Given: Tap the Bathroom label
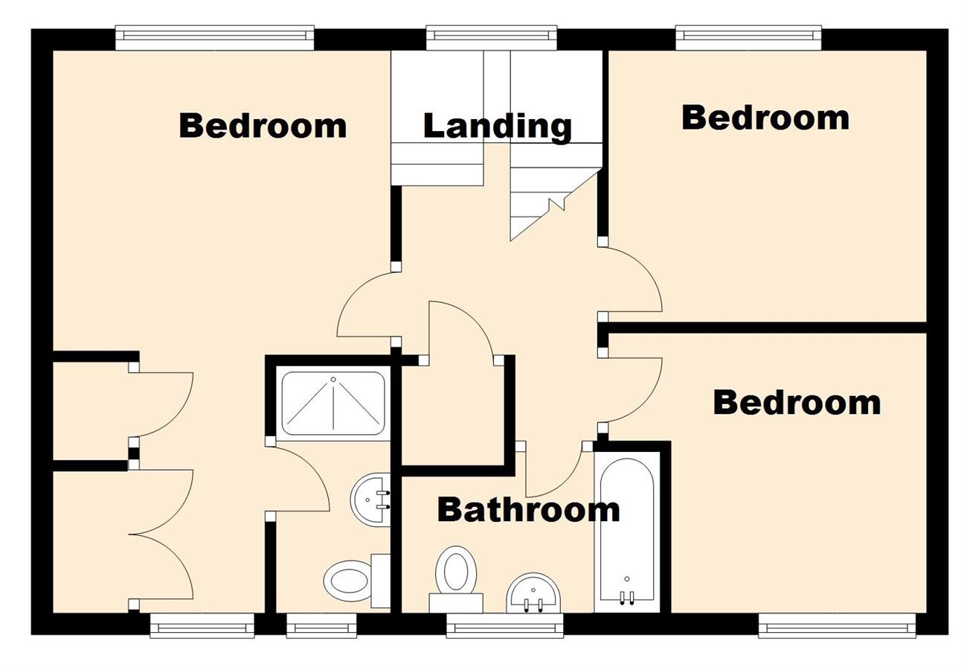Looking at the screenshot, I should click(x=528, y=510).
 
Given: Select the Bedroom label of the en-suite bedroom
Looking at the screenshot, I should click(x=263, y=125).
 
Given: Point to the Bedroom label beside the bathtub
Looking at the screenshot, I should click(x=797, y=402).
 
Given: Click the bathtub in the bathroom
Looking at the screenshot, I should click(x=626, y=529).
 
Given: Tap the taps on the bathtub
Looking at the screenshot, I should click(x=626, y=596).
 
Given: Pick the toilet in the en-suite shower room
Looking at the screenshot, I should click(x=350, y=580).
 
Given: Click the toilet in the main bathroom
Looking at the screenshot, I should click(x=455, y=573).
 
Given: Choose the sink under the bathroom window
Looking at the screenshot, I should click(x=533, y=593).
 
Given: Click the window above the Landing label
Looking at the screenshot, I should click(x=491, y=35).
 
